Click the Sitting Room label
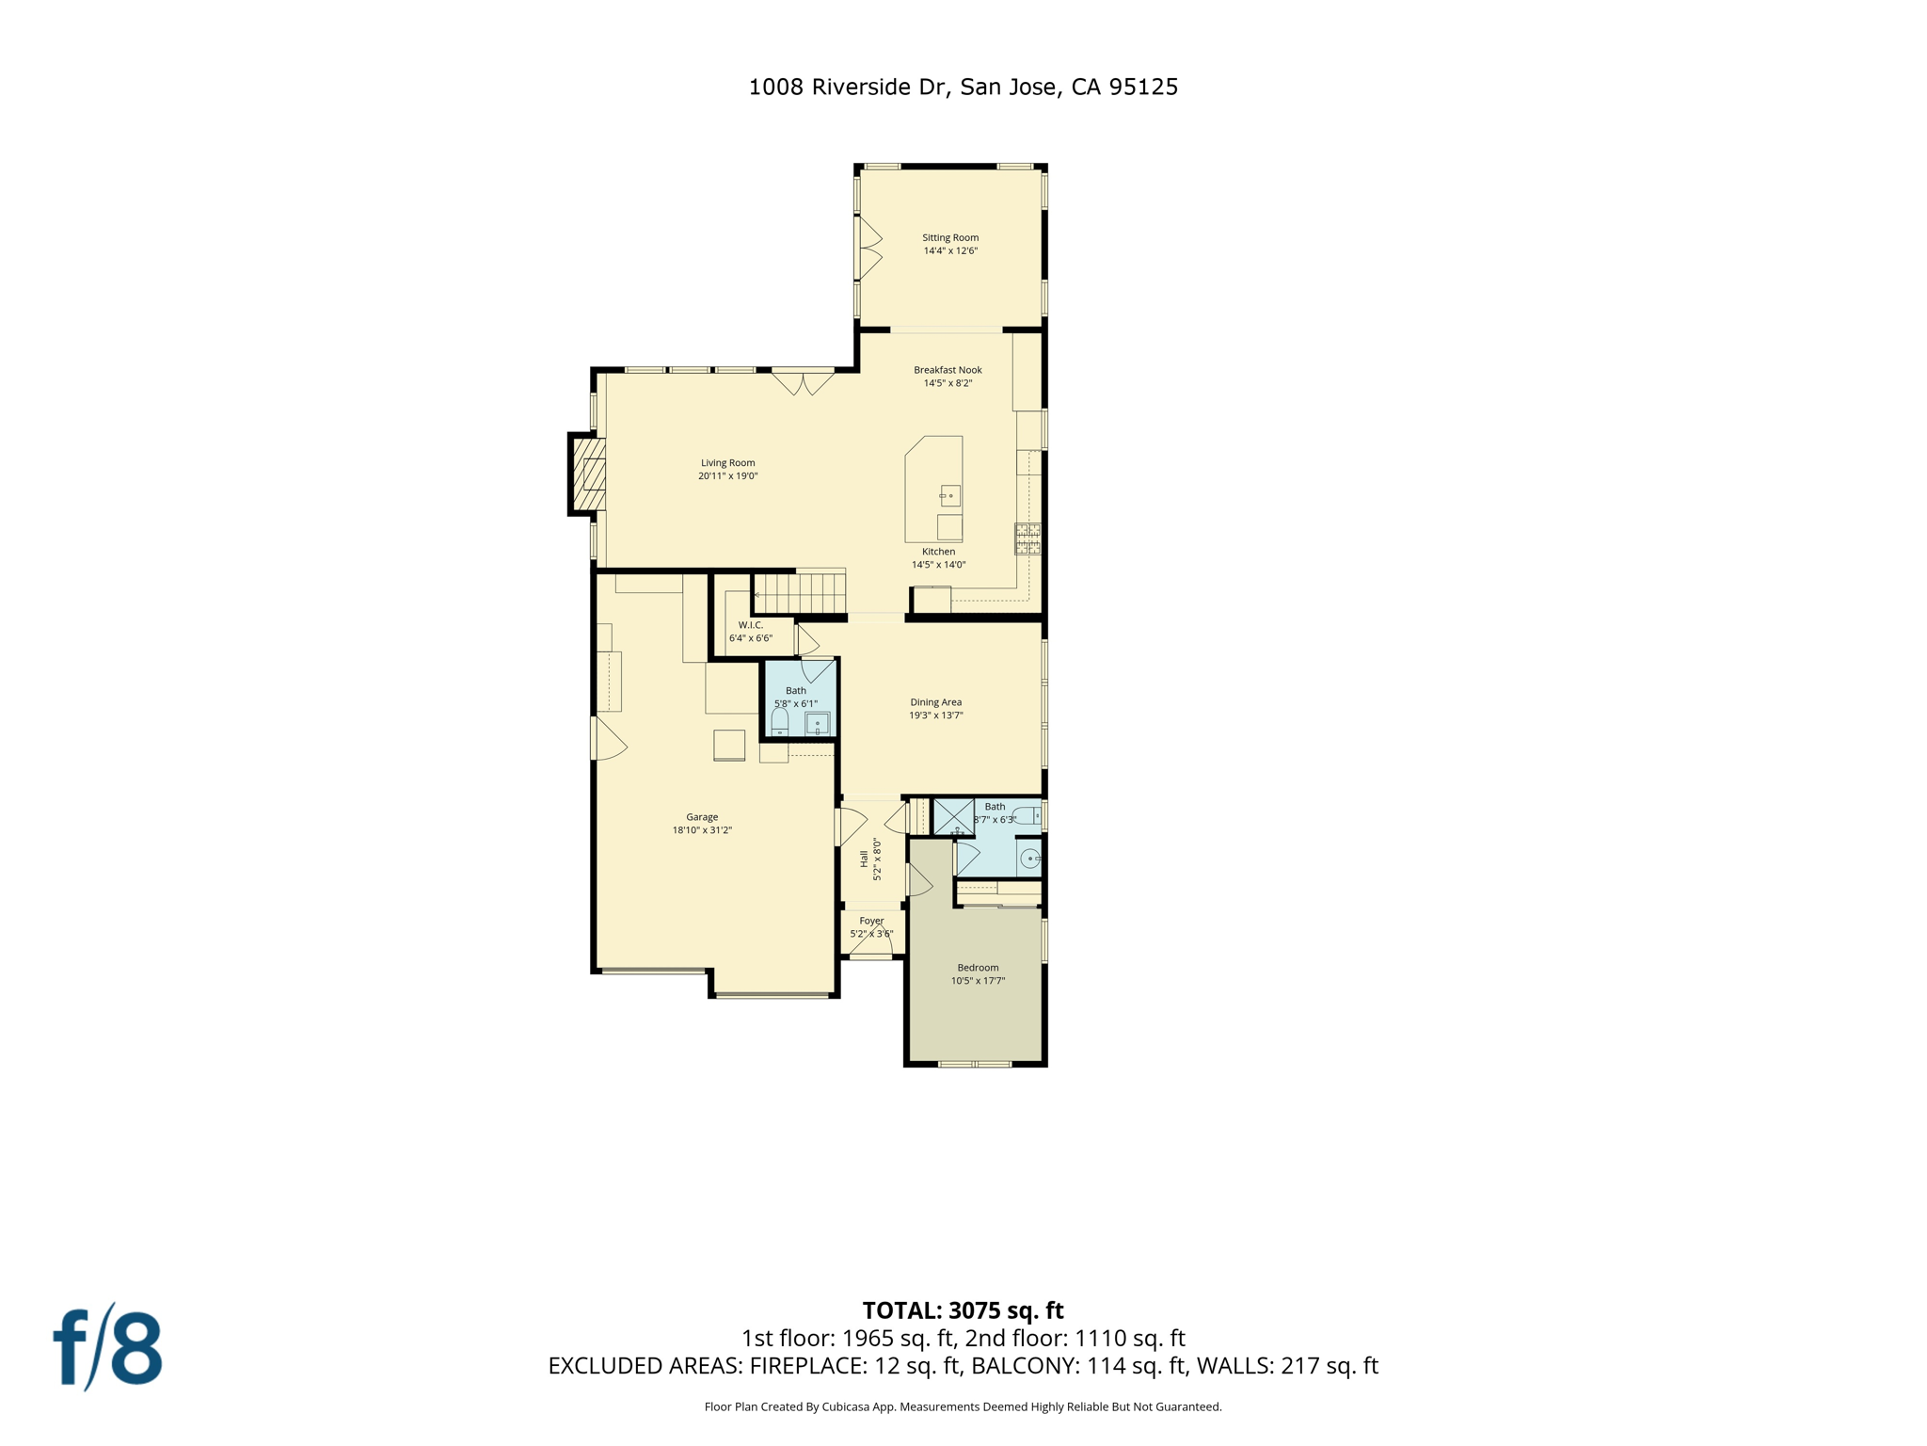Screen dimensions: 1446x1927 950,237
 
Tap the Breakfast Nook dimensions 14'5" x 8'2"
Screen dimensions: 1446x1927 948,383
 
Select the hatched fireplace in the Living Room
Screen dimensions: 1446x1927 589,474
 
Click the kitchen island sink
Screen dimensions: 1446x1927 950,495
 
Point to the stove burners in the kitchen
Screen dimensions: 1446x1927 1027,538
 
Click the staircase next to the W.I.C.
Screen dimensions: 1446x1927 800,594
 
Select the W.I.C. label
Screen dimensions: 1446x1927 751,625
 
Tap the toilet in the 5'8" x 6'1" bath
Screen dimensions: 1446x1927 780,723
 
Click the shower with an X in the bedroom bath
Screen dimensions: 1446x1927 953,816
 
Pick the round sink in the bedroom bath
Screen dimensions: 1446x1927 1030,859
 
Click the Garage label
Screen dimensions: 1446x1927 702,817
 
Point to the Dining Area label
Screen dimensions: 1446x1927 935,702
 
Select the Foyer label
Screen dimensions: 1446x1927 871,921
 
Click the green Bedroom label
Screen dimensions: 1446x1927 978,968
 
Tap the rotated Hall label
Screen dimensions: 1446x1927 864,859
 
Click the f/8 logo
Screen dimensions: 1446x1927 108,1348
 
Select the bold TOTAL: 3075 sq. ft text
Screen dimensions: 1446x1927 963,1310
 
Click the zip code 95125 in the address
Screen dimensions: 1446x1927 1143,88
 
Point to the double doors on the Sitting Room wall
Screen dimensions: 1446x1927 868,249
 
